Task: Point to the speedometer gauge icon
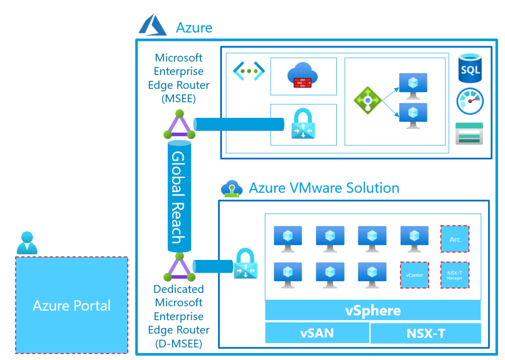469,101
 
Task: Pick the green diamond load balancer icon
367,101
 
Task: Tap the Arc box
454,239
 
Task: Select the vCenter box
414,275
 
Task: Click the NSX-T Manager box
454,275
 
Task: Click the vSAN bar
317,333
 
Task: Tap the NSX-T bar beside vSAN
425,333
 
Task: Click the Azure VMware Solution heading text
324,188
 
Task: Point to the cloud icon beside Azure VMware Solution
231,188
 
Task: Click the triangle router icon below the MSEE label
179,126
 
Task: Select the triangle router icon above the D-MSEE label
180,268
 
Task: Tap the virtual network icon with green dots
249,71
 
